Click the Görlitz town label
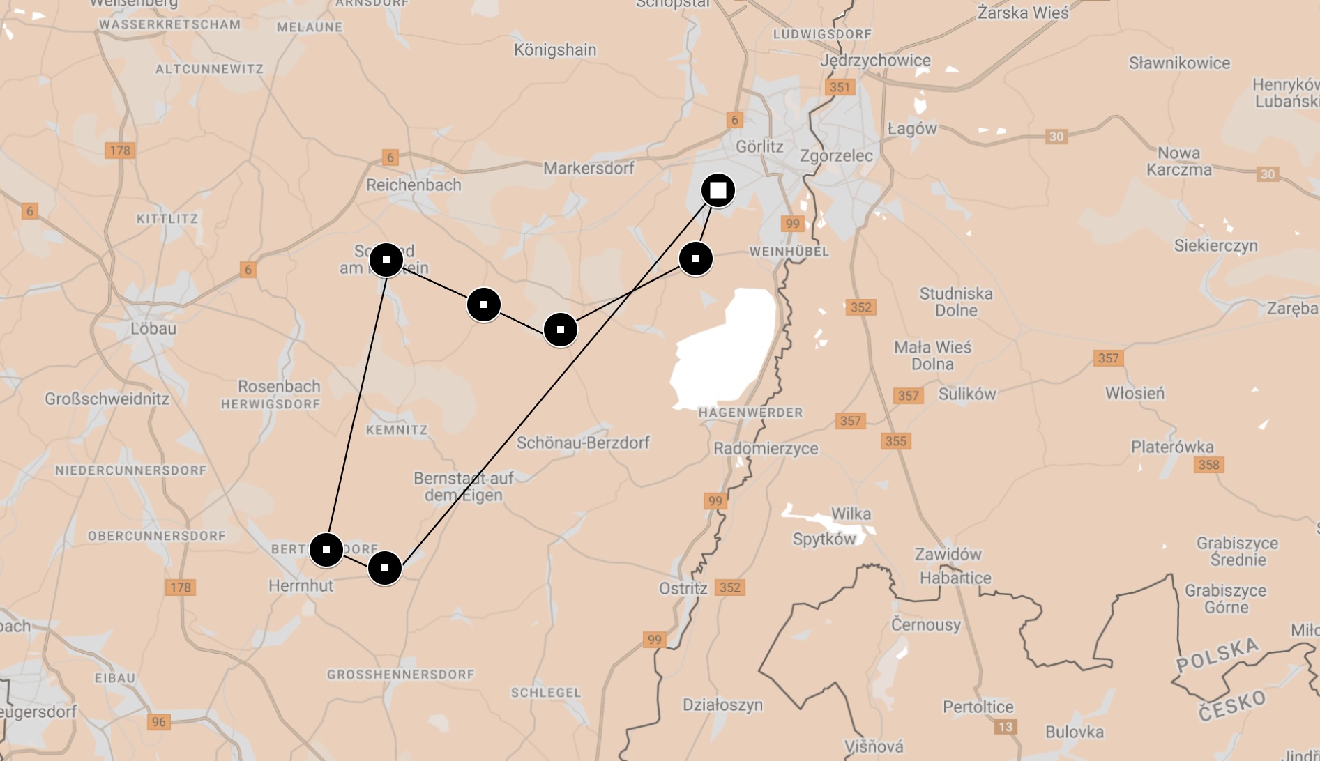coord(759,146)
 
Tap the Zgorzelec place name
coord(836,155)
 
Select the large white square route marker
coord(718,190)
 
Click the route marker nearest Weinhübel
coord(695,259)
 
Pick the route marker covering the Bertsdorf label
coord(326,550)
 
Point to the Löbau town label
coord(153,328)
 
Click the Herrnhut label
coord(301,585)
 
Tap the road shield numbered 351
coord(840,87)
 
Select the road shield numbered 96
coord(159,722)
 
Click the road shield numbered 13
coord(1005,727)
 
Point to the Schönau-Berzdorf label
coord(583,443)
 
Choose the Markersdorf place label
coord(589,168)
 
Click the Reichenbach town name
coord(414,185)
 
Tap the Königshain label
coord(555,49)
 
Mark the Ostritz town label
coord(683,588)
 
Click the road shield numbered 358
coord(1209,465)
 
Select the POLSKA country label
coord(1217,655)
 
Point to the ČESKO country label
coord(1232,705)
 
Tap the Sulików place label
coord(967,394)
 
